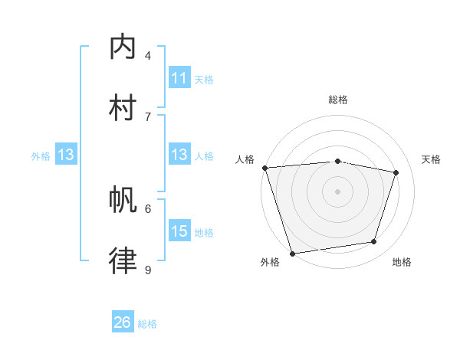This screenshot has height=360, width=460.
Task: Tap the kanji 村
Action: coord(123,107)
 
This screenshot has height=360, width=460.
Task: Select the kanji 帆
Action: coord(123,201)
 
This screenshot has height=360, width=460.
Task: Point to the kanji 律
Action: coord(123,260)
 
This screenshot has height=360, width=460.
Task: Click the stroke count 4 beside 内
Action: coord(148,56)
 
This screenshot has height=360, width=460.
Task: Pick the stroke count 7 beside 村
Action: coord(148,116)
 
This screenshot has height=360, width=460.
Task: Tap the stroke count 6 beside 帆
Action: coord(148,208)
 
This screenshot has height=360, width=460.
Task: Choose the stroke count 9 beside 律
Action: coord(148,270)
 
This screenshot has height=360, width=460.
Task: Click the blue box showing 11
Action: coord(179,78)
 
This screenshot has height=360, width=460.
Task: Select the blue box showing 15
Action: coord(179,231)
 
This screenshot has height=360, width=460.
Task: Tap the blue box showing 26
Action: coord(122,322)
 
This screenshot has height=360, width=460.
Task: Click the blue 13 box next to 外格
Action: coord(66,155)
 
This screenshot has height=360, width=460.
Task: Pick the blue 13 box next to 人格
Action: coord(179,155)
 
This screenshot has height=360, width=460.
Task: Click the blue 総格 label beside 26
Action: coord(147,324)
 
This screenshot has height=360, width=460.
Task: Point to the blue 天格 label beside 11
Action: coord(204,79)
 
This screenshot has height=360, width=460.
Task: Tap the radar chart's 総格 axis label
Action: coord(337,100)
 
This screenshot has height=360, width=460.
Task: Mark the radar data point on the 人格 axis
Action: coord(264,168)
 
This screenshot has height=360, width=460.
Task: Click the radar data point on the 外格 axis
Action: coord(292,253)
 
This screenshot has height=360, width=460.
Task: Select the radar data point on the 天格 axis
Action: coord(396,172)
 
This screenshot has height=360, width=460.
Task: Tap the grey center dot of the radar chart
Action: coord(337,191)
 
